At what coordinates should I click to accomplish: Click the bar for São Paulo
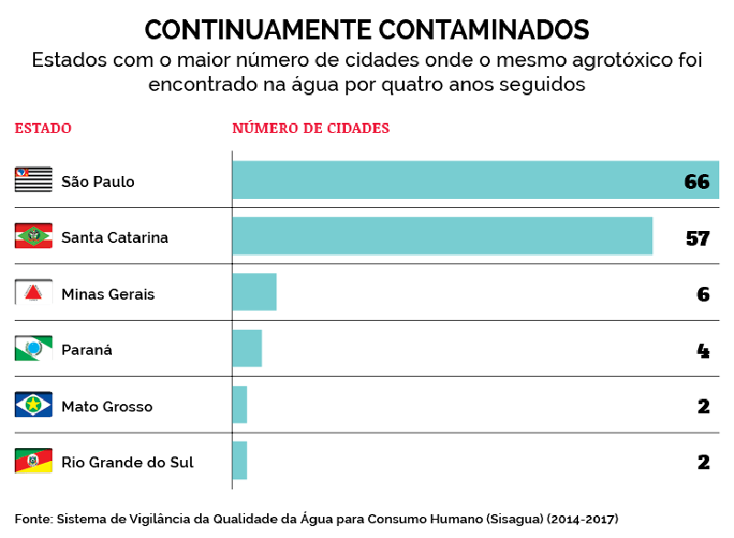(475, 181)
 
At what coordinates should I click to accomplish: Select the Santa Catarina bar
(442, 236)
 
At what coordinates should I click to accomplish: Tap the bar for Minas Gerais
(254, 292)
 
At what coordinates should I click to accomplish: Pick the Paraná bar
(247, 349)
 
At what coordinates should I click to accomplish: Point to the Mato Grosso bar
(239, 405)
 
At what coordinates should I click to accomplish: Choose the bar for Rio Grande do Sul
(239, 461)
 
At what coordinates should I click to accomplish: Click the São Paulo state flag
(34, 180)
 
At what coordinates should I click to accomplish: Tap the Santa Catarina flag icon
(34, 236)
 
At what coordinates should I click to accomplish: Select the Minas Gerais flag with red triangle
(34, 293)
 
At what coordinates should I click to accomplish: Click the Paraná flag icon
(34, 349)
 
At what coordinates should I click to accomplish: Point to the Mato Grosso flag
(34, 405)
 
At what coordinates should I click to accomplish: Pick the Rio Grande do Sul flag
(34, 461)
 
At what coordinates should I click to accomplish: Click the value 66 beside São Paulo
(697, 181)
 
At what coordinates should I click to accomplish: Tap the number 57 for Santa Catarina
(698, 238)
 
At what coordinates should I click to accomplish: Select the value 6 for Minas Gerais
(704, 294)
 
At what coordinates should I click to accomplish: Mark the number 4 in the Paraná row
(704, 350)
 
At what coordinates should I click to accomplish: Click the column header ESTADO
(43, 128)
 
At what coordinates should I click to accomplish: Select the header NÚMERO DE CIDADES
(311, 128)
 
